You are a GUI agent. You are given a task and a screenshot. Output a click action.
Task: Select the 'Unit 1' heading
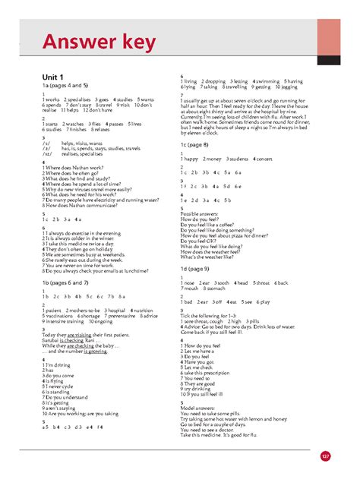[53, 77]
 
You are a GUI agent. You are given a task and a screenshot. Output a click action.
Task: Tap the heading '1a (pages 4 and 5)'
[65, 87]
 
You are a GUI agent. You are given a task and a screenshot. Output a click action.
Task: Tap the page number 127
[325, 456]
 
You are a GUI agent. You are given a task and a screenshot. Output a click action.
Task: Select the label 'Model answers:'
[199, 407]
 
